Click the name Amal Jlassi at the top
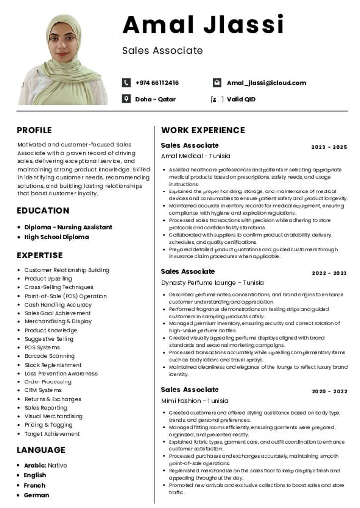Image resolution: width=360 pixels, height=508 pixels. (x=203, y=25)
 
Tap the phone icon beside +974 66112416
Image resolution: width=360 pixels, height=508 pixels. (x=126, y=83)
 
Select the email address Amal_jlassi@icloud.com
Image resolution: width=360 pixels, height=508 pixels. (x=266, y=83)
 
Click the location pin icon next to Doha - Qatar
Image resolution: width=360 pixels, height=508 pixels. (x=126, y=99)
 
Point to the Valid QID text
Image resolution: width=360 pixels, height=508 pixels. (x=241, y=99)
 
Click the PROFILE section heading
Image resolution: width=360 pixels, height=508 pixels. (x=34, y=130)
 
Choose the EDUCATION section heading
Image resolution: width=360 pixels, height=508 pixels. (x=43, y=210)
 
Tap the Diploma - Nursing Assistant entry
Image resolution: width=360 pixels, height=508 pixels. (x=68, y=227)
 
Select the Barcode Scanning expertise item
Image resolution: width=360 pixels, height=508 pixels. (x=50, y=356)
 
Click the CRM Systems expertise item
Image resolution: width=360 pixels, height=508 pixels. (x=43, y=390)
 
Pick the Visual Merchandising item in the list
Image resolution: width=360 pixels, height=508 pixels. (x=54, y=416)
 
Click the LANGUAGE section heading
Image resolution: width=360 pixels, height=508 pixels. (x=41, y=450)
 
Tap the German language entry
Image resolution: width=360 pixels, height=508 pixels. (x=37, y=495)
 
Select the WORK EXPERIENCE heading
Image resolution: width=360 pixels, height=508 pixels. (x=203, y=130)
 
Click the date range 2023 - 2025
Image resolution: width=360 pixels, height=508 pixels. (x=329, y=147)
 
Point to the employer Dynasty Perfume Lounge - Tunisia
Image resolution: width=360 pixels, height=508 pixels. (x=212, y=283)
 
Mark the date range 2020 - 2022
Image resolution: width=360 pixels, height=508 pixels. (x=329, y=391)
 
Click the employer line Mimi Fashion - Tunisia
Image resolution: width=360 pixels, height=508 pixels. (x=195, y=401)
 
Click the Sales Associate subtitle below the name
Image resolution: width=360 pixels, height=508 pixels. (x=162, y=50)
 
